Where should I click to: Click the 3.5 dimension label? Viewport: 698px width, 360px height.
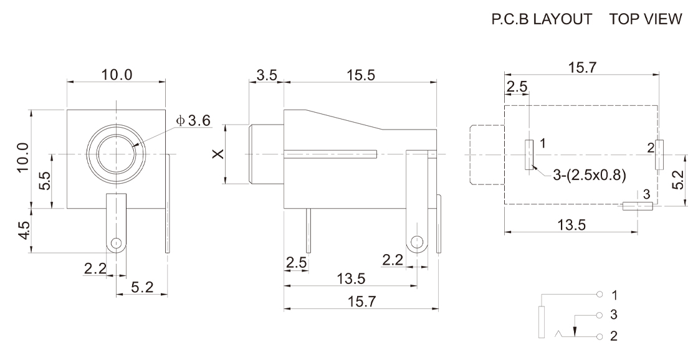(x=267, y=75)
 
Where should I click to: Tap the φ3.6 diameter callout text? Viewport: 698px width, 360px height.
(x=193, y=121)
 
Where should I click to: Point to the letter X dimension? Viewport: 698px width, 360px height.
(x=218, y=154)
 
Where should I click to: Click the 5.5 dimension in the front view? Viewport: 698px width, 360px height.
(x=45, y=181)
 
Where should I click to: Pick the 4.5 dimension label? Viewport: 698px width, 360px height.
(x=24, y=230)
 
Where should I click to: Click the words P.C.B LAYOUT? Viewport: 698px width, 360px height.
(x=542, y=19)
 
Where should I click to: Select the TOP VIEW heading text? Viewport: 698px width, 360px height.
(x=646, y=19)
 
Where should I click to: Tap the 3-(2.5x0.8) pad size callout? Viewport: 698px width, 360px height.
(x=590, y=175)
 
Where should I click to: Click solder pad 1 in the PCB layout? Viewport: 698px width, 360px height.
(x=529, y=155)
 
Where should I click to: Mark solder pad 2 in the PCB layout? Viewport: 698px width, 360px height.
(x=659, y=155)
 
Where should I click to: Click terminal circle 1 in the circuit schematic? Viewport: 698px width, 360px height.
(x=600, y=295)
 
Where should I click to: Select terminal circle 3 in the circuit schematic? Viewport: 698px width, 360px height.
(x=600, y=316)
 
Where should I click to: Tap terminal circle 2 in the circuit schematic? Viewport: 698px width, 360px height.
(x=600, y=336)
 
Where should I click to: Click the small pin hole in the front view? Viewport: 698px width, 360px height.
(x=116, y=243)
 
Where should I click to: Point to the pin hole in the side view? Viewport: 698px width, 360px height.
(x=417, y=242)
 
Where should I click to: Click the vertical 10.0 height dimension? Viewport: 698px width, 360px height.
(x=24, y=157)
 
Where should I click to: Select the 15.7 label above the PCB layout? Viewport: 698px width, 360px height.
(x=582, y=67)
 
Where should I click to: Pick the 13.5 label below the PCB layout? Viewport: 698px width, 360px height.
(x=571, y=225)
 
